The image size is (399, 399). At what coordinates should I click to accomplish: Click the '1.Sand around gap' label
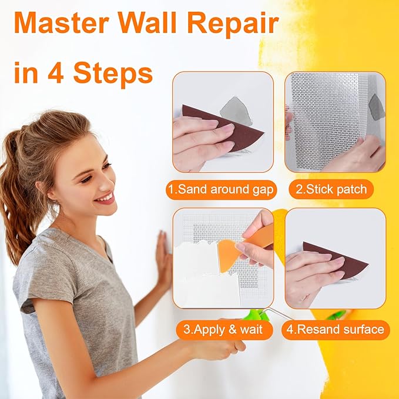point(223,189)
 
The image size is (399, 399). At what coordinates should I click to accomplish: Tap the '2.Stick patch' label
point(330,189)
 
